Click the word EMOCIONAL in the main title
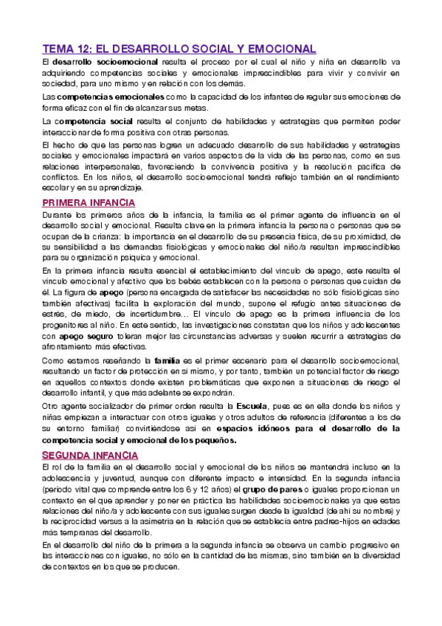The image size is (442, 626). point(279,49)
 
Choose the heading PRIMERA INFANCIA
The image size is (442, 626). point(88,202)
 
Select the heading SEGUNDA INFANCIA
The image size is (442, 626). point(88,453)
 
